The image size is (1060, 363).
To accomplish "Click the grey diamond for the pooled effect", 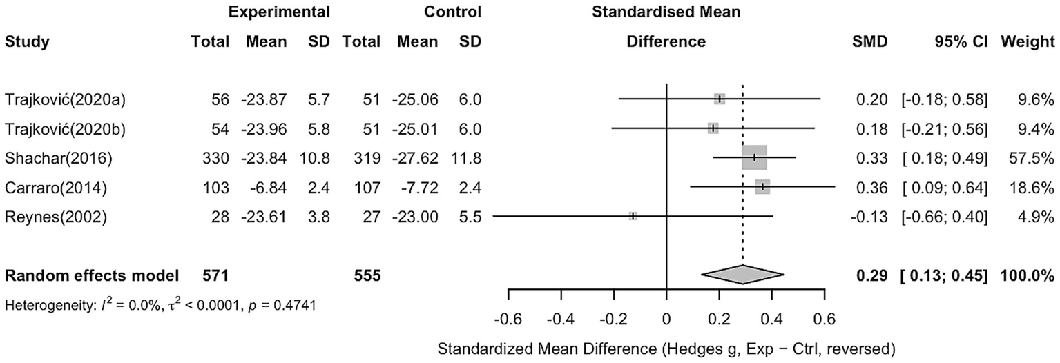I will [742, 275].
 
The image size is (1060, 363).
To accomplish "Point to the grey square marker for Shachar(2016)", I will [754, 157].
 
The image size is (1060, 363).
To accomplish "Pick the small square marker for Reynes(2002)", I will [633, 216].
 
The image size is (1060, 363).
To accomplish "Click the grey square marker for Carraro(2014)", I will [762, 187].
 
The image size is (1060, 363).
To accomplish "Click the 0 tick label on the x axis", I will [666, 320].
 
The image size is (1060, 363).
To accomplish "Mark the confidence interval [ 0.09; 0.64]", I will [944, 187].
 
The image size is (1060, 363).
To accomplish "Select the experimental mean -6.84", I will [267, 187].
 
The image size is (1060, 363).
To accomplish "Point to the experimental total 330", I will [215, 157].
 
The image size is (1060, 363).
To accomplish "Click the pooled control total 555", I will [367, 275].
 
